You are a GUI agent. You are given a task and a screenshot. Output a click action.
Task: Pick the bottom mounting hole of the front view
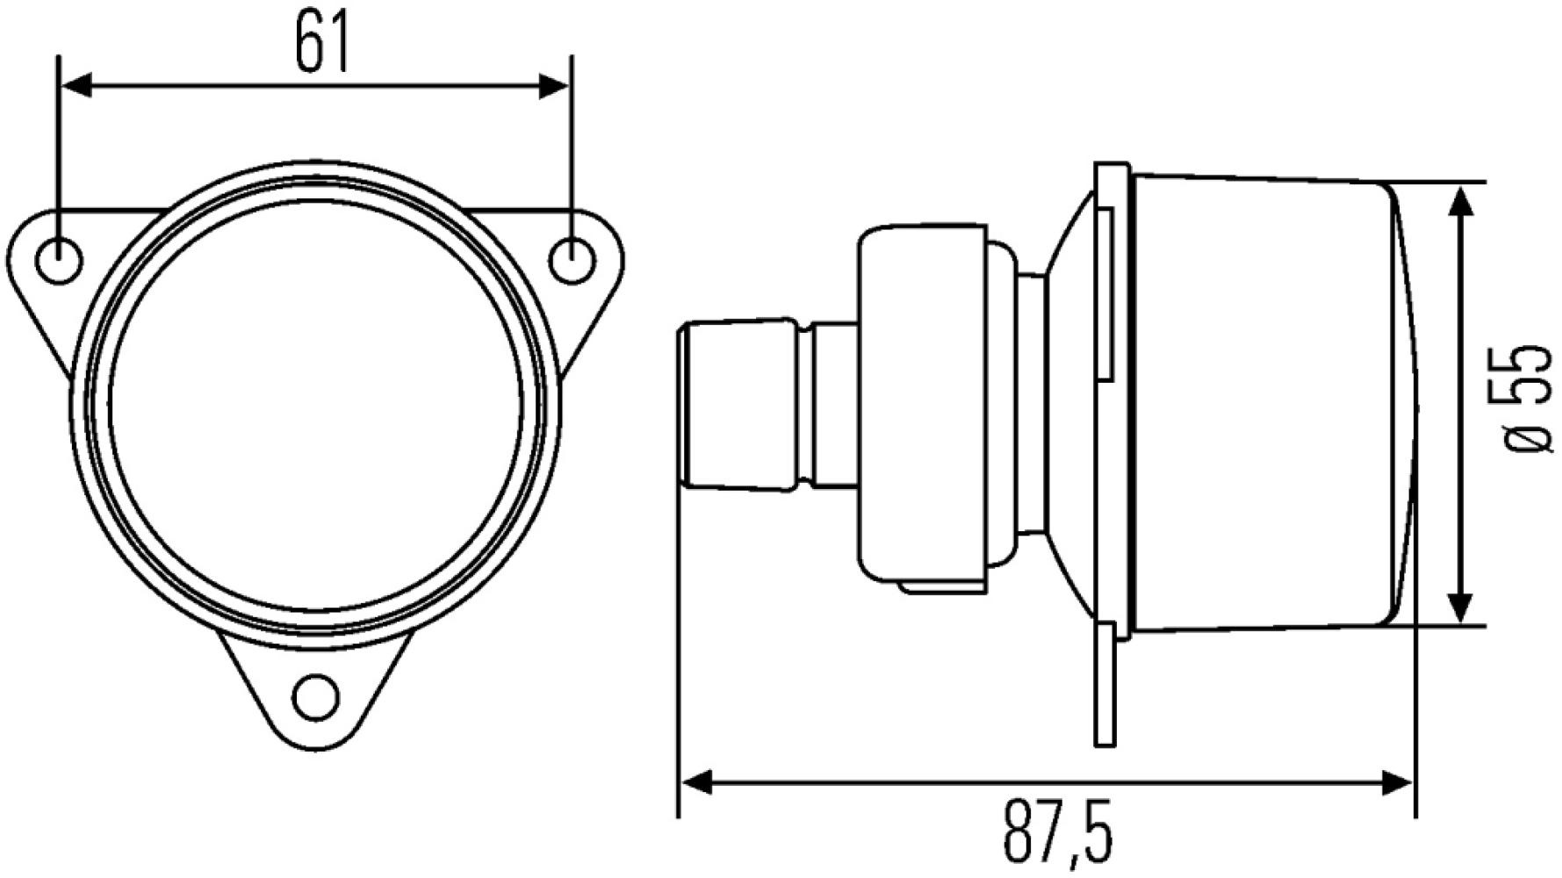click(x=316, y=697)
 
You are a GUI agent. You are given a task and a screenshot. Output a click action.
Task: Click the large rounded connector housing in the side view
click(x=922, y=404)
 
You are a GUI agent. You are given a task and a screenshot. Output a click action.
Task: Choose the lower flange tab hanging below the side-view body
click(x=1105, y=685)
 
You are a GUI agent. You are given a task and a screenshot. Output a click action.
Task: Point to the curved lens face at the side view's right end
click(x=1403, y=404)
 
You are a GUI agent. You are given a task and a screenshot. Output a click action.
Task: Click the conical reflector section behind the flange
click(x=1071, y=404)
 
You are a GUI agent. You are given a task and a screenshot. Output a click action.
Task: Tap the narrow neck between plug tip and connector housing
click(x=832, y=404)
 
